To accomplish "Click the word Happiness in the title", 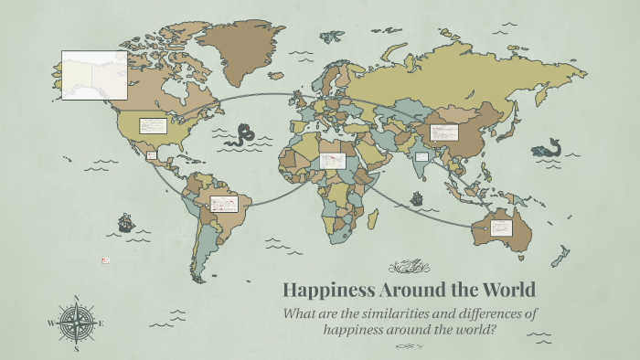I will pos(324,291).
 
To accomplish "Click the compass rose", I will pos(76,323).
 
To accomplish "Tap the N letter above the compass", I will pos(76,297).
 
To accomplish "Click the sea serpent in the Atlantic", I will pos(243,135).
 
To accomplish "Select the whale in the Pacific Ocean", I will pos(548,148).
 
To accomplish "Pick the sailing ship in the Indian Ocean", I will pos(417,198).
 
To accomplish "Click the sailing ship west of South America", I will pos(125,221).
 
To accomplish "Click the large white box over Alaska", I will pos(94,74).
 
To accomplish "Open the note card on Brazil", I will pos(224,204).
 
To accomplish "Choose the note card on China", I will pos(444,132).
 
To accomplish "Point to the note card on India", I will pos(421,157).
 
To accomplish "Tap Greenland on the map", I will pos(241,46).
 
